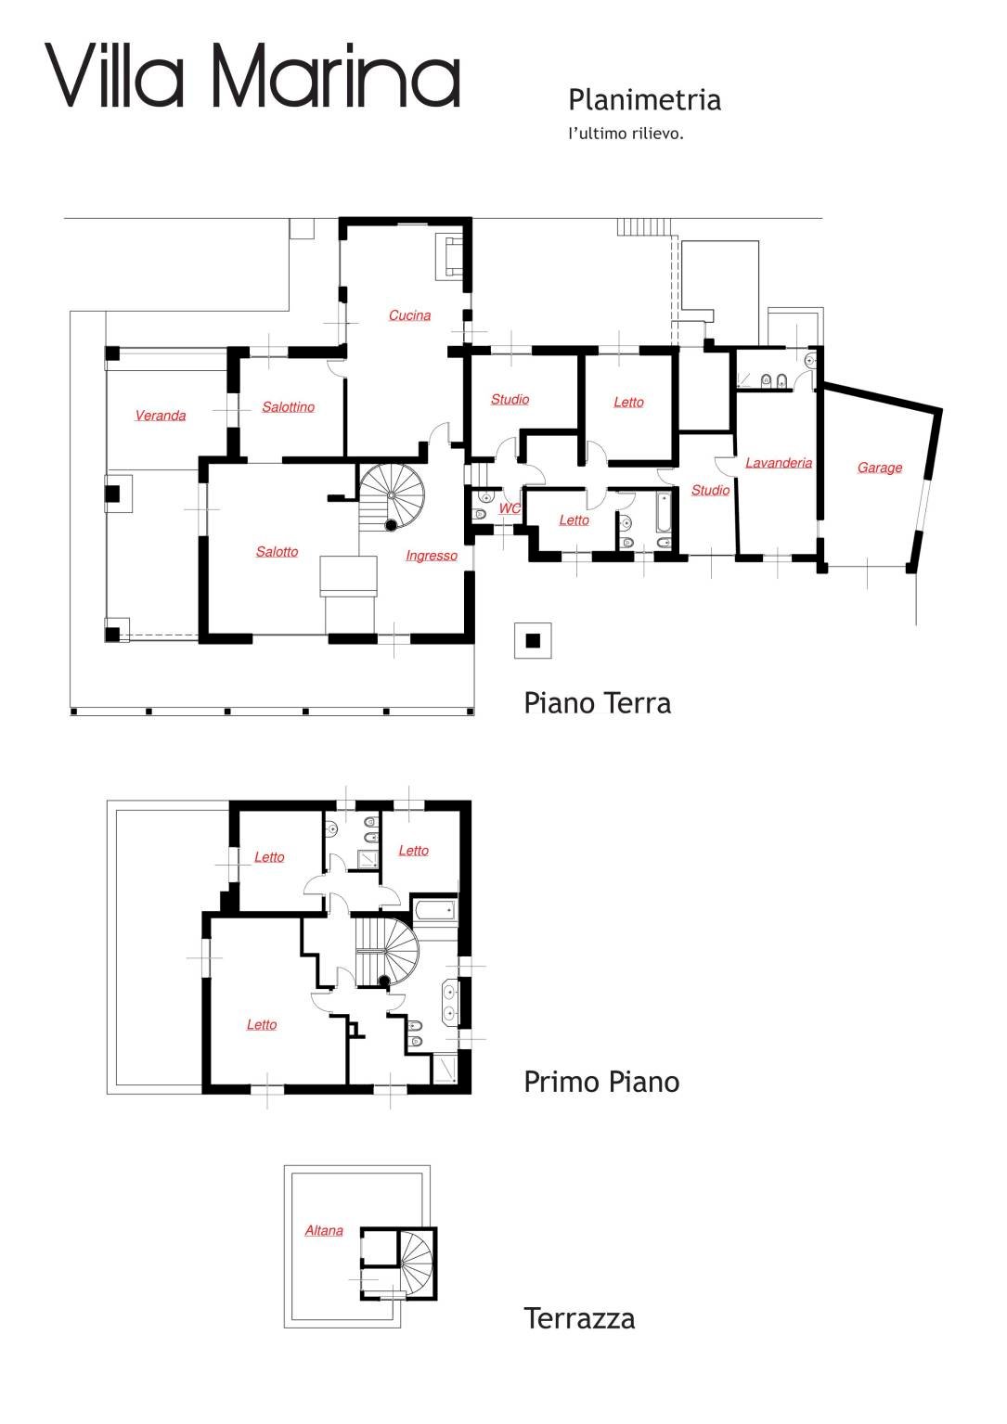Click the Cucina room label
(x=409, y=315)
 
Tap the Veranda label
(x=161, y=416)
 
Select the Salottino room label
(x=288, y=407)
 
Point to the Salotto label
(x=277, y=552)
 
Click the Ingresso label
(x=432, y=556)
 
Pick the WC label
(x=510, y=508)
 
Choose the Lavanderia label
(x=779, y=463)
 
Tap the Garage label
(x=879, y=468)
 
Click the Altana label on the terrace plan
(x=324, y=1231)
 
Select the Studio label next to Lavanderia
(x=710, y=490)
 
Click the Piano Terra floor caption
(x=597, y=703)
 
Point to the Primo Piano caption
(x=601, y=1082)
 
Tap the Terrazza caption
(x=579, y=1318)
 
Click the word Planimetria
(x=644, y=100)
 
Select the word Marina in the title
(x=336, y=76)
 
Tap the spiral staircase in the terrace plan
(x=417, y=1263)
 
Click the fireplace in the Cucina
(x=452, y=256)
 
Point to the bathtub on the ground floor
(x=664, y=511)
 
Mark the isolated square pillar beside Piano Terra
(x=533, y=640)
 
